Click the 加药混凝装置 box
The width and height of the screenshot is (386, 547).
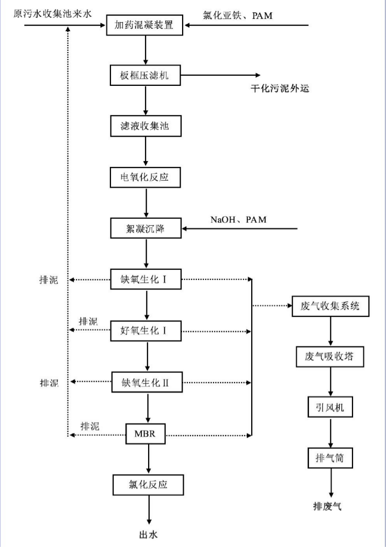[145, 24]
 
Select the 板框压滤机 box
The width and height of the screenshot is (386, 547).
[145, 75]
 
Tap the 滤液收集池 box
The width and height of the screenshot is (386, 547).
[145, 126]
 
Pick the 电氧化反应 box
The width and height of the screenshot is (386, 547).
[145, 177]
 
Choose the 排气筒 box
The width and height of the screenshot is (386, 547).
[331, 458]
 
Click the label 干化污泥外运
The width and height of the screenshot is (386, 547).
[280, 89]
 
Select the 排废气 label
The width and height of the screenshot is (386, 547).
[327, 507]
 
